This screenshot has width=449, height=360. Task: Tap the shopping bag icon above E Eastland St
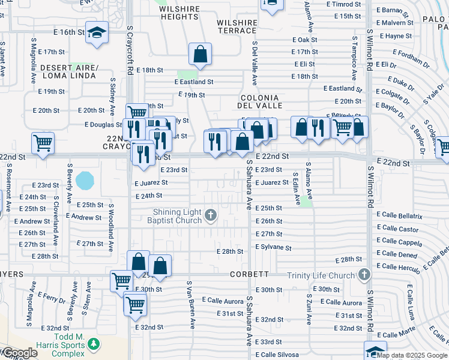(x=200, y=54)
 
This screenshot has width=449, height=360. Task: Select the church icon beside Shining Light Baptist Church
(x=211, y=214)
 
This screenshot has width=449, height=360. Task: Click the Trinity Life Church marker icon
(x=364, y=275)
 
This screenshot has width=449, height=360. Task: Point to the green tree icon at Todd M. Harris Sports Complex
(x=93, y=344)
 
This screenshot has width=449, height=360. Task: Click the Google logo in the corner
(x=19, y=353)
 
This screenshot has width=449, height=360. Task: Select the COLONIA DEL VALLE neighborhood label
(x=259, y=101)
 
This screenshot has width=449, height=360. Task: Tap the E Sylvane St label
(x=273, y=247)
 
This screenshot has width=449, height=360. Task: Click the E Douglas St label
(x=103, y=125)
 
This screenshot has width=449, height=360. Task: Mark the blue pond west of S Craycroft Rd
(x=85, y=179)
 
